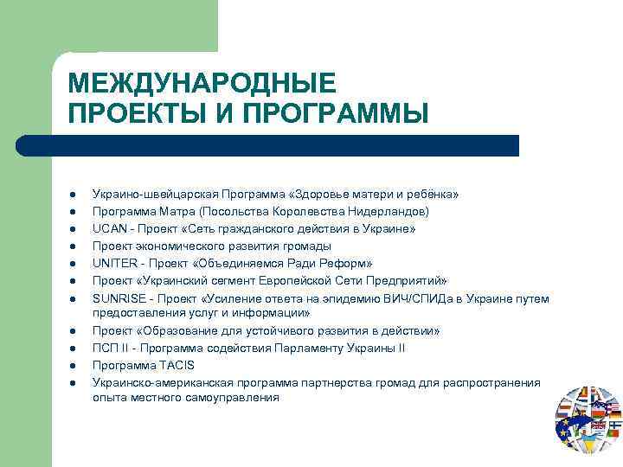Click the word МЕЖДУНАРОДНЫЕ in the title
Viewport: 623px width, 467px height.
201,84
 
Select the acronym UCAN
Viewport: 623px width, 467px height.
108,229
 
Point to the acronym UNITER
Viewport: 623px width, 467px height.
113,264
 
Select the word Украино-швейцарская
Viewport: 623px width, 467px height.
154,195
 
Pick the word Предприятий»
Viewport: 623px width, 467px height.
406,281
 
